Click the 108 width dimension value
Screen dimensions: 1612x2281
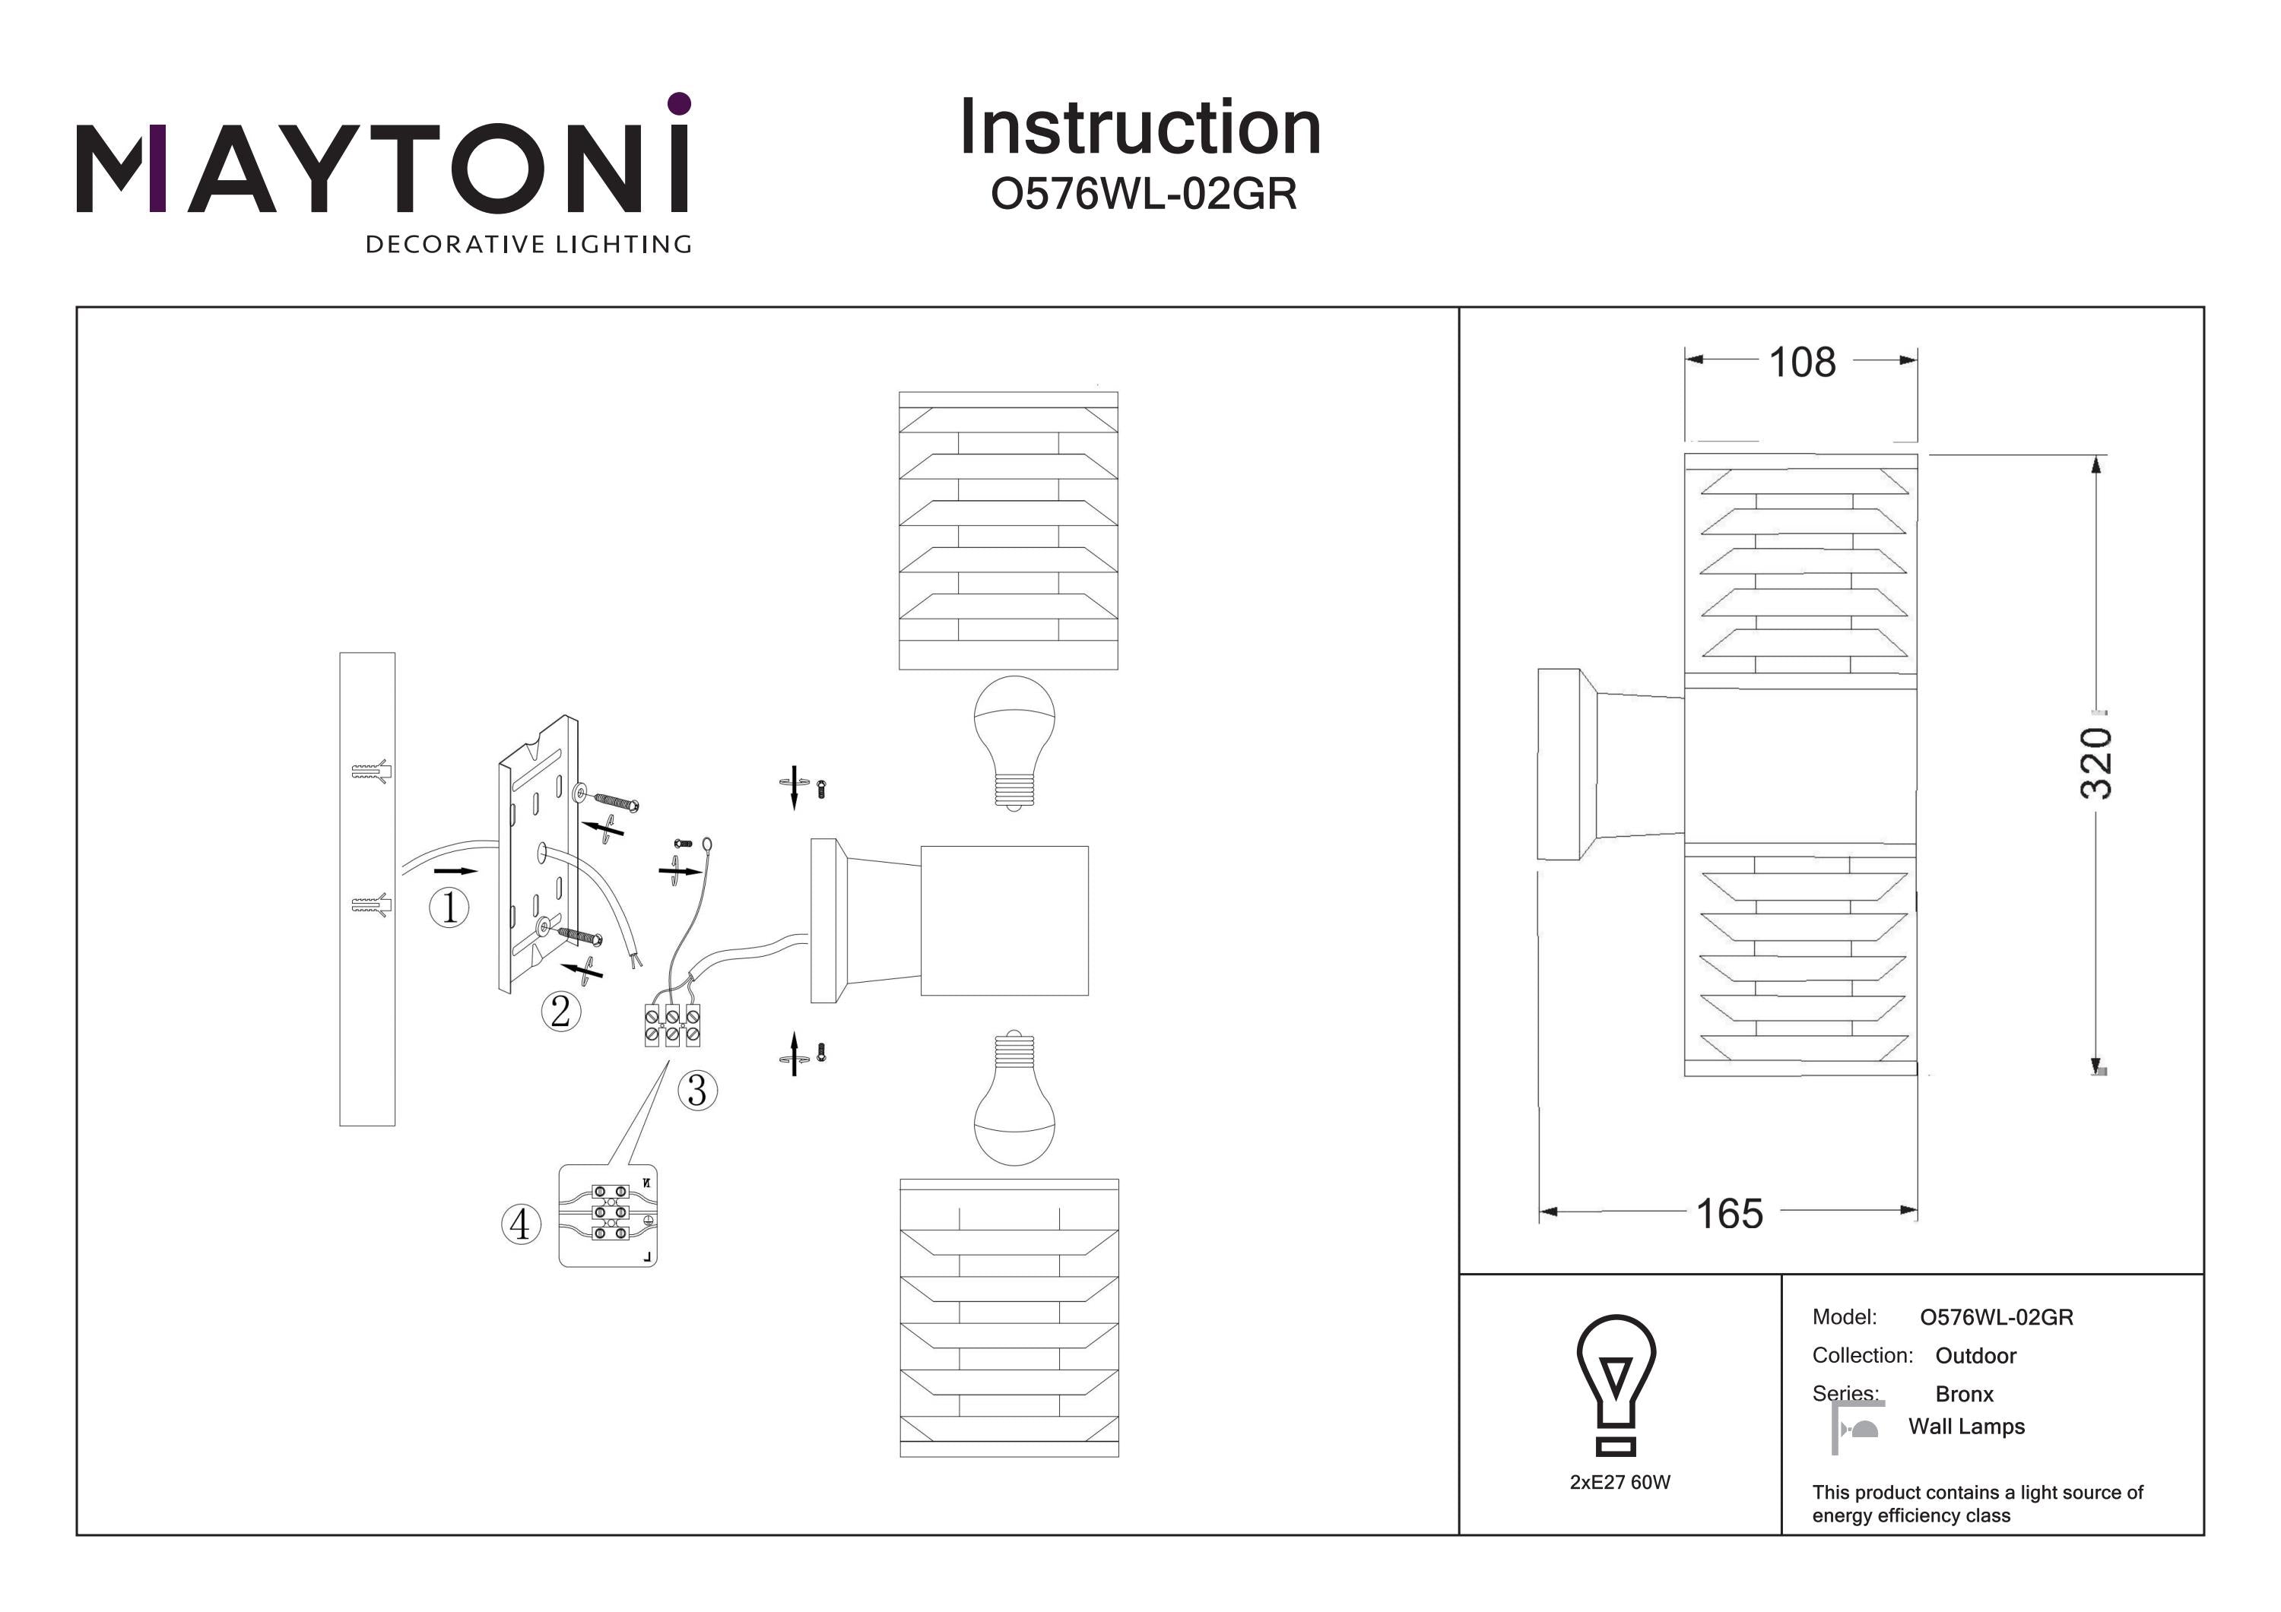click(x=1802, y=363)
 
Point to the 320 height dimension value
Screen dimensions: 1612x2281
click(x=2095, y=763)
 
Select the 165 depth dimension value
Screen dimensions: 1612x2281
click(x=1730, y=1214)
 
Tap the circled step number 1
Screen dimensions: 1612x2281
click(x=449, y=907)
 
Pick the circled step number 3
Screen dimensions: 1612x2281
click(x=697, y=1091)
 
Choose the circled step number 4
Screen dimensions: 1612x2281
click(x=521, y=1224)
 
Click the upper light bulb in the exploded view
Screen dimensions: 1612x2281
click(x=1014, y=740)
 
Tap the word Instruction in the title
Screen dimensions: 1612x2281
click(x=1140, y=128)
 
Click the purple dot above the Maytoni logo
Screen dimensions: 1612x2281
click(x=680, y=103)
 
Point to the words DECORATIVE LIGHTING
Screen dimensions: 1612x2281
click(x=528, y=244)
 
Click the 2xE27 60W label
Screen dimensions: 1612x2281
click(x=1620, y=1482)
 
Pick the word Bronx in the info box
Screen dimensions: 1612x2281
click(x=1964, y=1395)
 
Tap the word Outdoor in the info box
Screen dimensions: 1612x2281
click(x=1975, y=1356)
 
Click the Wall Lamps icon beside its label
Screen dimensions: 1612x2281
click(x=1857, y=1428)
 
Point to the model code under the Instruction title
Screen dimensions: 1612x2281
click(x=1144, y=194)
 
